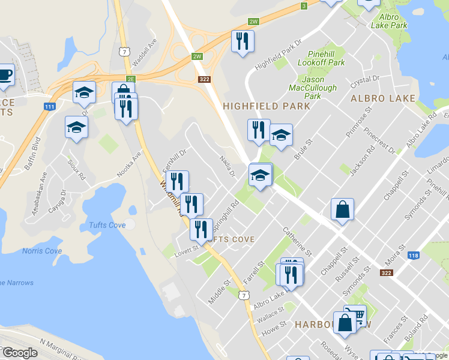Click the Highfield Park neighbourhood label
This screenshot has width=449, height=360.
point(267,106)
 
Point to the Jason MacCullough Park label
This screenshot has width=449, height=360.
point(313,88)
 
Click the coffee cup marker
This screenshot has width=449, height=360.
point(5,74)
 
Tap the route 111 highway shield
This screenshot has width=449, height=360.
point(50,106)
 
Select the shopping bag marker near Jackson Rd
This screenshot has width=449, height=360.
point(342,209)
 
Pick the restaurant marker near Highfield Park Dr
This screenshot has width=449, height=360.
point(243,41)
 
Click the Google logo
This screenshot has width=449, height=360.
point(20,353)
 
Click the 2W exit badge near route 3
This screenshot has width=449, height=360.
point(254,22)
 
